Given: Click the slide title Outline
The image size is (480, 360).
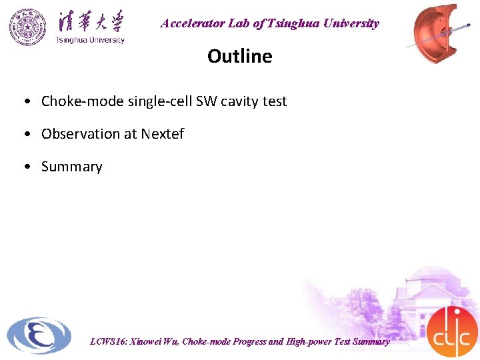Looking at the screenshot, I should (x=239, y=56).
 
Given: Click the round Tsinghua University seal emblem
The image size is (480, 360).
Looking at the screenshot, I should (x=28, y=27).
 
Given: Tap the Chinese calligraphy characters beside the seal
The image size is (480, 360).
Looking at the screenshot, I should (x=90, y=21).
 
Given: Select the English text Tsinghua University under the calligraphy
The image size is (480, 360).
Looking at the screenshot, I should (x=90, y=40).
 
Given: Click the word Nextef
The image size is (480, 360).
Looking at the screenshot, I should (x=162, y=134).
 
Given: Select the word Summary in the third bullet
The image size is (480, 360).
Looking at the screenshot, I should (x=72, y=167).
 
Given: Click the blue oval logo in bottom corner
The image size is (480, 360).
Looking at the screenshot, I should (x=39, y=335).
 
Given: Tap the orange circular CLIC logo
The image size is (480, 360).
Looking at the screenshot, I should (x=452, y=331).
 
